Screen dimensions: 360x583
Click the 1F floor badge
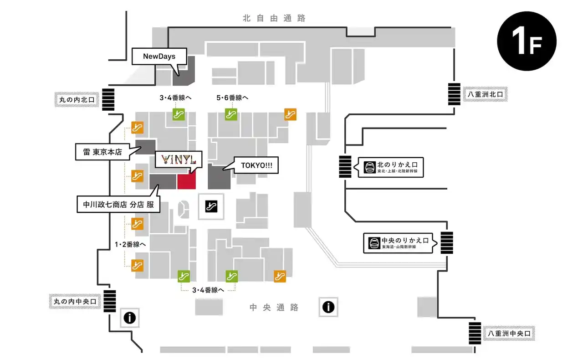point(527,41)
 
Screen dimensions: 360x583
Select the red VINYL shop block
point(186,181)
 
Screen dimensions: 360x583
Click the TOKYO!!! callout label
point(256,165)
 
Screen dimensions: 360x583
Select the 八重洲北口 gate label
point(485,95)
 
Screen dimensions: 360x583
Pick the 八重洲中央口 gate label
point(508,334)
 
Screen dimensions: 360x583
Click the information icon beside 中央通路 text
point(328,307)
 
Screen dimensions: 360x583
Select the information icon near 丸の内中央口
point(129,318)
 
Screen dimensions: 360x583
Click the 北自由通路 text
point(274,19)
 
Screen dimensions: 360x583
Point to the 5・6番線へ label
point(232,98)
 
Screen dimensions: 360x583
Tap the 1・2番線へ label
point(130,245)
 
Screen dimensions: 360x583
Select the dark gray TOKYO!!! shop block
point(219,177)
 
